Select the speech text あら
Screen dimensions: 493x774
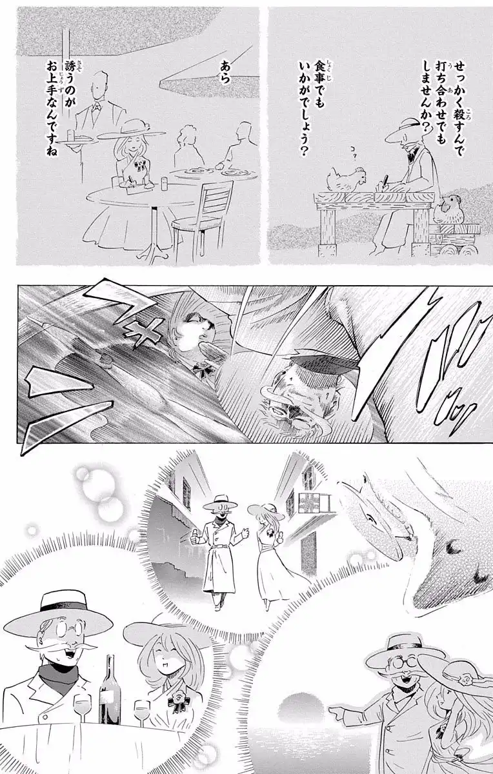tap(225, 72)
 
